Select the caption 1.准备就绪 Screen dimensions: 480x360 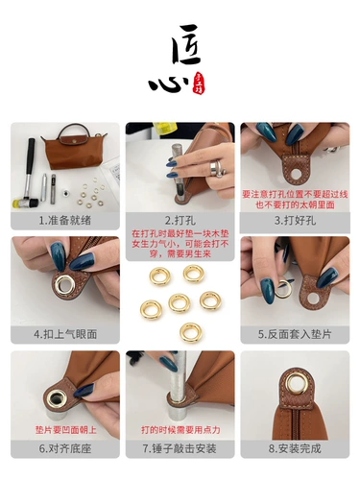pyautogui.click(x=65, y=220)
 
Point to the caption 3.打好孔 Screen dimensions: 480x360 pyautogui.click(x=294, y=220)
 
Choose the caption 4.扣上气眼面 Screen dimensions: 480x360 pyautogui.click(x=65, y=335)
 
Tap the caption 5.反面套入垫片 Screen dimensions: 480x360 pyautogui.click(x=294, y=335)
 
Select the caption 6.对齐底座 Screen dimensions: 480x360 pyautogui.click(x=65, y=448)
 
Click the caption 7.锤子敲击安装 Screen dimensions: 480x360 pyautogui.click(x=180, y=448)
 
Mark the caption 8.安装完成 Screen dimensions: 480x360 pyautogui.click(x=294, y=448)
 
